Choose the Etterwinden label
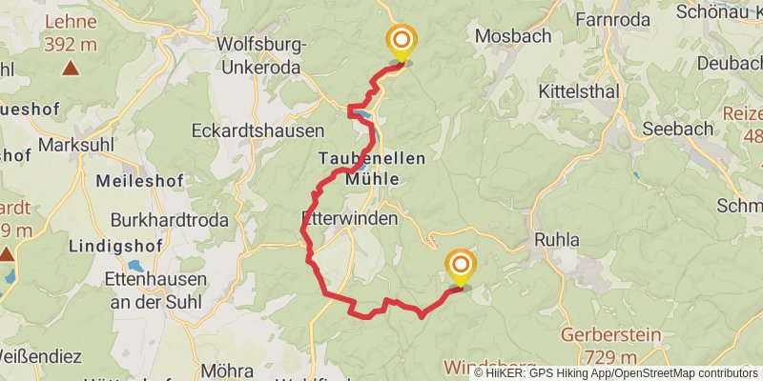click(348, 218)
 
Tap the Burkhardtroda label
click(169, 220)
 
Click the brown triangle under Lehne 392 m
click(71, 68)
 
